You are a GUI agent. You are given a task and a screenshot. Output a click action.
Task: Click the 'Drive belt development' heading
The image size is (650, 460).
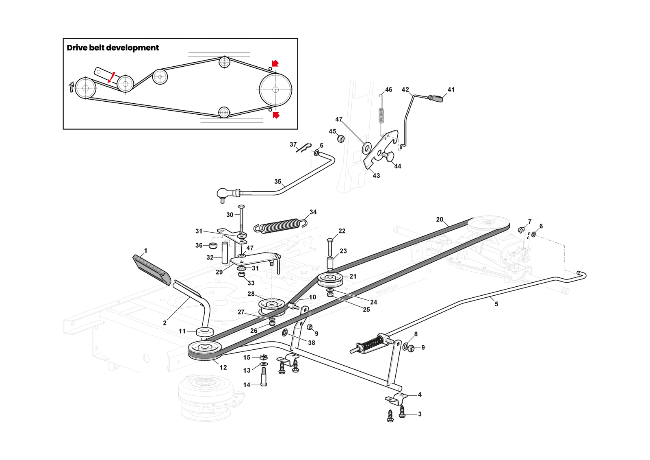113,48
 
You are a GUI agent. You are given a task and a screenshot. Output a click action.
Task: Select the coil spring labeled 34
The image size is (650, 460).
280,225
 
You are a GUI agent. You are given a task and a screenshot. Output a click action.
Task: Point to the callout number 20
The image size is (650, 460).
440,220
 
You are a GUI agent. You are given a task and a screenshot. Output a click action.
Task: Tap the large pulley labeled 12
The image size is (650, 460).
205,349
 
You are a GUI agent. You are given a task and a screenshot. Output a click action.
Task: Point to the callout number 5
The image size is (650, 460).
496,304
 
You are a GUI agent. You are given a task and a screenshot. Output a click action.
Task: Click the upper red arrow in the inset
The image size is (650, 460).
275,63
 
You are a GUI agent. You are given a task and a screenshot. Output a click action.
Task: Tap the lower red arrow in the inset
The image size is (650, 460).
276,115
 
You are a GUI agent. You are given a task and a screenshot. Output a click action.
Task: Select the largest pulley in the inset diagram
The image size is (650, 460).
275,90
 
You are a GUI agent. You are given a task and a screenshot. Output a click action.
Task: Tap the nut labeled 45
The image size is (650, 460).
341,139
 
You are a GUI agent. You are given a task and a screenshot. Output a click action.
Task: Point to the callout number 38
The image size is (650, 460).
312,343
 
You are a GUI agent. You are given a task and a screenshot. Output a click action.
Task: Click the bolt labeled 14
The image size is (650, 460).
264,377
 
